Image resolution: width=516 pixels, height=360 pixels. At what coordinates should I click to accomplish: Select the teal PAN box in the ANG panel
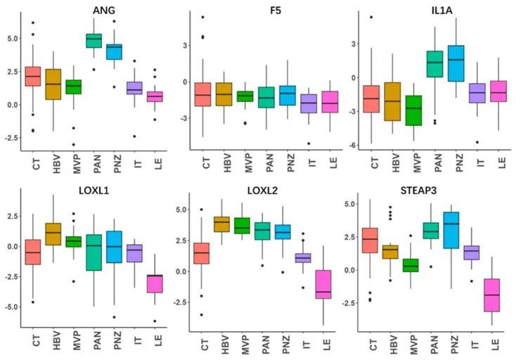pos(93,41)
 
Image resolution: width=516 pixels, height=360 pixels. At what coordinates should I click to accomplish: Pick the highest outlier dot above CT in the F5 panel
pos(203,17)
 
